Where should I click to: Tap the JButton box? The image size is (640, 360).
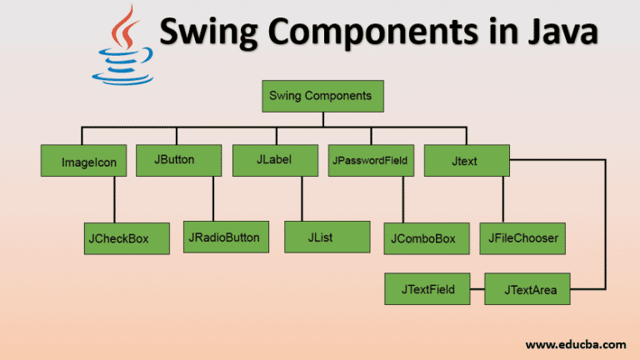click(x=179, y=159)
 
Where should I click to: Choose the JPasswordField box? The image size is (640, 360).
click(x=370, y=160)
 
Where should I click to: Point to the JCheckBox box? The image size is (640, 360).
click(x=117, y=238)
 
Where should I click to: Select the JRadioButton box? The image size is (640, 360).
click(x=223, y=237)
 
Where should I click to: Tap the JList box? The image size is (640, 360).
click(x=316, y=237)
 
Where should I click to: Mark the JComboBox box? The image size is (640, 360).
click(x=422, y=238)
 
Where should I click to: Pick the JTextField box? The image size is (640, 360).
click(x=427, y=289)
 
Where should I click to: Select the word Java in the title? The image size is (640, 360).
click(x=561, y=32)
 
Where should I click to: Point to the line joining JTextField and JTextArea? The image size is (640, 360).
click(x=477, y=290)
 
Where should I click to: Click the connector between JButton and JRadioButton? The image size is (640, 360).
click(x=213, y=198)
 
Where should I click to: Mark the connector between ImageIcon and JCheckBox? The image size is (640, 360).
click(x=114, y=200)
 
